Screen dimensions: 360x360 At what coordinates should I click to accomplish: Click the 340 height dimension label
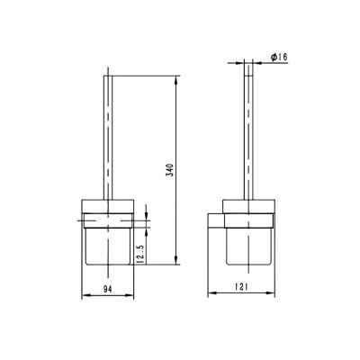170,170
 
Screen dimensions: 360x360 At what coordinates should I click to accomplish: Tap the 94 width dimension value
108,289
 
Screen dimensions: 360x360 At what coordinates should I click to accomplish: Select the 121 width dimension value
241,287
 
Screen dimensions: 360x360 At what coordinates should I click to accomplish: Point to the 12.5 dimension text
142,253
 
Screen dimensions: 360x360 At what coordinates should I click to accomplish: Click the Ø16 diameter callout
279,57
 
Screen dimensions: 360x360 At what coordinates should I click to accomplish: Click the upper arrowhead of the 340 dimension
176,80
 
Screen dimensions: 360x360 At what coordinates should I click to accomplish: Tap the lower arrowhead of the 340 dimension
176,260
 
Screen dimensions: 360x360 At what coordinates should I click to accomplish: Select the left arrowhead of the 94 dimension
86,295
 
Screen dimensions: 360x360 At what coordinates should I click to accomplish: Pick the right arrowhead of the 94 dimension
130,295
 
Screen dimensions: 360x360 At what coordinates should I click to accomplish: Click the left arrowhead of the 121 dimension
212,292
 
